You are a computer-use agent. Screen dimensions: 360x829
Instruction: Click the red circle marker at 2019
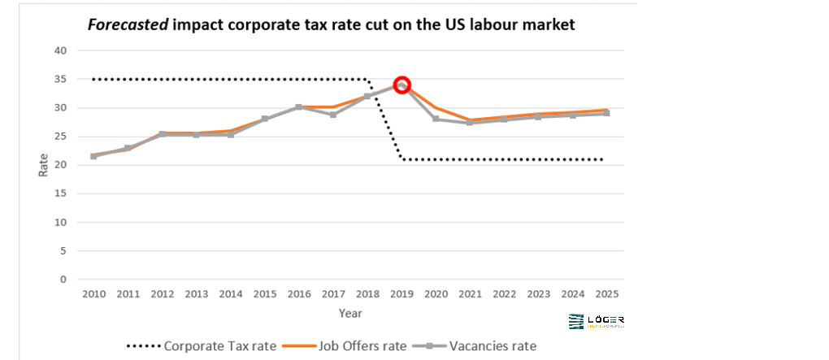(x=401, y=85)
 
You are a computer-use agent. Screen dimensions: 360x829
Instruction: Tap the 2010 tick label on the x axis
(x=93, y=294)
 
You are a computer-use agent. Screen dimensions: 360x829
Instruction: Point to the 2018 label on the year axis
(x=367, y=294)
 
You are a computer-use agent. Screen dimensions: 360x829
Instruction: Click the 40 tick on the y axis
(x=59, y=50)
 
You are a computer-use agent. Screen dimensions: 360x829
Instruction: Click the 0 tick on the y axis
(x=63, y=280)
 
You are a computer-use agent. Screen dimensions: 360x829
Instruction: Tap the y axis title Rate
(x=43, y=165)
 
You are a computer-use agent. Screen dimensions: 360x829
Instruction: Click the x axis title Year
(x=350, y=313)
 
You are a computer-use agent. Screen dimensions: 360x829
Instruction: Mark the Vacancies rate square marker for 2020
(x=436, y=119)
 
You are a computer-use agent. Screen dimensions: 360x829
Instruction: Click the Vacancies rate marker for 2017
(x=333, y=115)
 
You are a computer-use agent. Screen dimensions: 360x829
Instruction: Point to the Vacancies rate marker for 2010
(x=93, y=156)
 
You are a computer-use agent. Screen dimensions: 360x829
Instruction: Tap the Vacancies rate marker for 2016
(x=298, y=107)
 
